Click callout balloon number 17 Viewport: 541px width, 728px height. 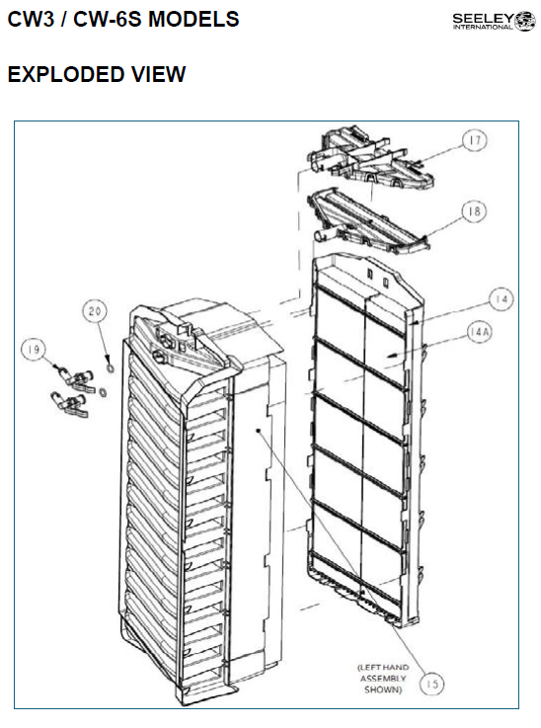[474, 140]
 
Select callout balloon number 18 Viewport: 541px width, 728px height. [473, 211]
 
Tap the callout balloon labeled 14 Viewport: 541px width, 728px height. [502, 299]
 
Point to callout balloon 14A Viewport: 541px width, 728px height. [479, 332]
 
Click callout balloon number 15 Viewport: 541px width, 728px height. [431, 684]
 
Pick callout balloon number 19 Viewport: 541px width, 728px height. [34, 349]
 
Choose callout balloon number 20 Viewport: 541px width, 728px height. [95, 310]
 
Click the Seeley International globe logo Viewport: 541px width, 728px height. [525, 22]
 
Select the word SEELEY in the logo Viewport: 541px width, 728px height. [483, 19]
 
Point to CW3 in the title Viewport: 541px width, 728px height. [31, 20]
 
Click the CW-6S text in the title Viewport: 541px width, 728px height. [109, 20]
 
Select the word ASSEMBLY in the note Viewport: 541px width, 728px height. [383, 679]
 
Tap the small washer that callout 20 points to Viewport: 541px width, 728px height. [111, 368]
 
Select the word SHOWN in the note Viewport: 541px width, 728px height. [383, 689]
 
